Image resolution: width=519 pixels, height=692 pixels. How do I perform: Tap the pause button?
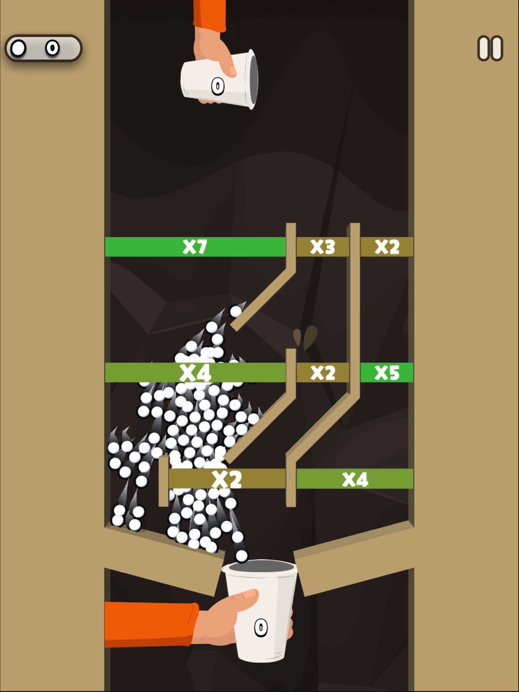click(x=490, y=48)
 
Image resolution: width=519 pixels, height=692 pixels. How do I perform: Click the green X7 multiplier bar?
click(x=195, y=246)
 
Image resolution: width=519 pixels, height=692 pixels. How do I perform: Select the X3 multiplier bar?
click(x=323, y=246)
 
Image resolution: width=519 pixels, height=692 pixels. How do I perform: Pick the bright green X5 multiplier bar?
click(x=387, y=372)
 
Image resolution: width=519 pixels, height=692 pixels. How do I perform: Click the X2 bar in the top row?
click(x=387, y=246)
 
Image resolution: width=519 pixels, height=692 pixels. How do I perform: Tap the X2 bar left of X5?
click(x=323, y=372)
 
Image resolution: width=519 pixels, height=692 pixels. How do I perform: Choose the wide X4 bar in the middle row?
click(x=195, y=372)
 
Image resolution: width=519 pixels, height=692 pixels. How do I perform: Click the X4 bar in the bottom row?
click(x=354, y=479)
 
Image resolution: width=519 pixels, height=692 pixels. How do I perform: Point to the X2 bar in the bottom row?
click(x=227, y=479)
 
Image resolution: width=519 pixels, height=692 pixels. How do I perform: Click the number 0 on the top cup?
click(x=217, y=86)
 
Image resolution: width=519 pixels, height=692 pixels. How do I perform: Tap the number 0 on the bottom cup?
click(x=261, y=628)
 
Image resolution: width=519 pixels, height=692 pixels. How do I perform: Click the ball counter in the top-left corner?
click(x=44, y=48)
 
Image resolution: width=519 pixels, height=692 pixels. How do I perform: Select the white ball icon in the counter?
click(x=18, y=48)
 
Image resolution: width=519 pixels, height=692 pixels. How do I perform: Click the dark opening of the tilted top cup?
click(x=253, y=80)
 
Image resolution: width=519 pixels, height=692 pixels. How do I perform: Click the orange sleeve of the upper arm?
click(x=209, y=15)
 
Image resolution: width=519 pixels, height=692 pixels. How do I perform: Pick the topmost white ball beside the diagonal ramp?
click(x=235, y=311)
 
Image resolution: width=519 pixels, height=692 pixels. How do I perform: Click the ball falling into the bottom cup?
click(x=241, y=556)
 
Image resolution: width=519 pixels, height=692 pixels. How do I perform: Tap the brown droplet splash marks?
click(x=305, y=337)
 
